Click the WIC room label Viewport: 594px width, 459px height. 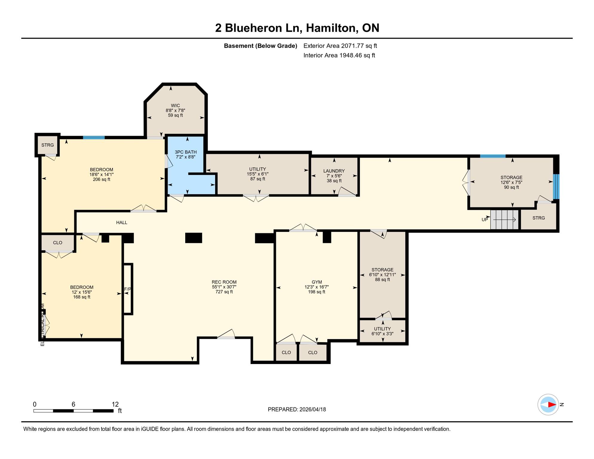click(175, 105)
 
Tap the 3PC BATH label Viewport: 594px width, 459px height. click(186, 152)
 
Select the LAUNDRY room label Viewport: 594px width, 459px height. click(334, 171)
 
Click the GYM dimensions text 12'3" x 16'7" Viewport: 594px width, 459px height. click(316, 287)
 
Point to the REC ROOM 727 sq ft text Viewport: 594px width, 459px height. click(224, 292)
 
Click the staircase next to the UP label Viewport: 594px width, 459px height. click(504, 220)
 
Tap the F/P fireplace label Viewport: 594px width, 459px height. click(128, 289)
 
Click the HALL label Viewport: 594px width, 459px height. click(122, 223)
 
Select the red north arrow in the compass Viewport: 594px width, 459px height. click(552, 405)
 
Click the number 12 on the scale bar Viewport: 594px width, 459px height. click(115, 404)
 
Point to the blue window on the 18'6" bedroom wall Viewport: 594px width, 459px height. click(94, 137)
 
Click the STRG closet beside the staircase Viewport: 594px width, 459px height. click(538, 218)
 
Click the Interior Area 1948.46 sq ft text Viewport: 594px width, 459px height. click(339, 55)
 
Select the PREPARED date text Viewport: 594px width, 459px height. click(297, 409)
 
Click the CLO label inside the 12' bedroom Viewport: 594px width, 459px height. click(58, 243)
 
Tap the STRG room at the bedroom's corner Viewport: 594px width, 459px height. click(48, 145)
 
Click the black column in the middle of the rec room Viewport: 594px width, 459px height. click(194, 238)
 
